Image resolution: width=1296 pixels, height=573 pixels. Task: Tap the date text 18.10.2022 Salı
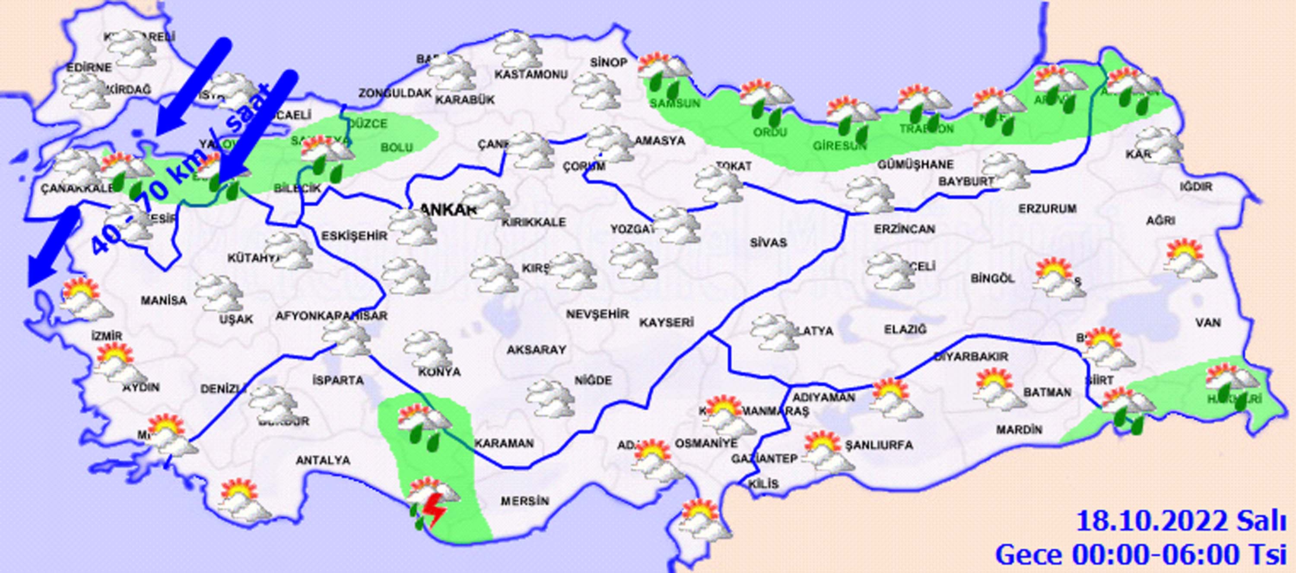click(1185, 521)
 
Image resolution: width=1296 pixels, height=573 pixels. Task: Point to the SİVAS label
click(768, 243)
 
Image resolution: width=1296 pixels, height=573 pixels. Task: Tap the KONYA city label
click(439, 372)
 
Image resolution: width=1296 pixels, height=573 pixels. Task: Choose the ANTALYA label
click(323, 460)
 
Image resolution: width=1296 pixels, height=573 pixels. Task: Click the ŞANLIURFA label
click(878, 445)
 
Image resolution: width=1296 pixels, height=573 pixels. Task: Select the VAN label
click(1208, 323)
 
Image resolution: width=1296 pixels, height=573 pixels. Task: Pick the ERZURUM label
click(1048, 208)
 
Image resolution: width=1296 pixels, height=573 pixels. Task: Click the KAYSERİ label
click(667, 322)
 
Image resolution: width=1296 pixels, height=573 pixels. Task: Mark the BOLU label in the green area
click(397, 147)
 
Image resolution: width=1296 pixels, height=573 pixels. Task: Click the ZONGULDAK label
click(395, 93)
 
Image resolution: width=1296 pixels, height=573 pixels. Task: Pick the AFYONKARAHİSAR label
click(331, 316)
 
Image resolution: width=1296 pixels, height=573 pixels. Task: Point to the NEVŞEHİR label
click(597, 314)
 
